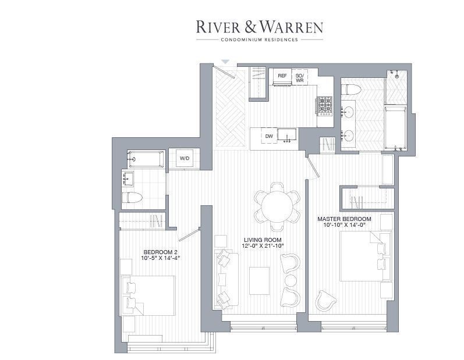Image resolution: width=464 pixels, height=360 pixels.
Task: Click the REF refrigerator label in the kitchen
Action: click(282, 76)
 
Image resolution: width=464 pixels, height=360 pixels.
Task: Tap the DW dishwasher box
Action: click(269, 136)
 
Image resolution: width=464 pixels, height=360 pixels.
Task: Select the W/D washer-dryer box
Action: click(185, 158)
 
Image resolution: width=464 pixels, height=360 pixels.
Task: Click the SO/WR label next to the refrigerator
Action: click(299, 78)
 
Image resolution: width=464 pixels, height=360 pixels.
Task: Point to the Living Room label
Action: click(263, 240)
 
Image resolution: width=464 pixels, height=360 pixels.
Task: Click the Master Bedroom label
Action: click(344, 219)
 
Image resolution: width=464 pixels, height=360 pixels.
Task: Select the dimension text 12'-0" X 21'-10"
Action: click(263, 245)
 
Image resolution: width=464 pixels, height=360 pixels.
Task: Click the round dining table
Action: click(277, 206)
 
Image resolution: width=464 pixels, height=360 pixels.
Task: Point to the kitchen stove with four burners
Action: click(325, 105)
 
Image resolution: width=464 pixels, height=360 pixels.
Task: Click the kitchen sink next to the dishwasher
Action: click(287, 136)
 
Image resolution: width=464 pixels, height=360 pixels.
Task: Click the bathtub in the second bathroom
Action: click(146, 159)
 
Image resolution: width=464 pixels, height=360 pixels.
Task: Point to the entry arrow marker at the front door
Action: click(225, 62)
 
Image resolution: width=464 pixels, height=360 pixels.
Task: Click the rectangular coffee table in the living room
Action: click(259, 281)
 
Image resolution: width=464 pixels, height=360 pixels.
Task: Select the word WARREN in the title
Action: click(291, 27)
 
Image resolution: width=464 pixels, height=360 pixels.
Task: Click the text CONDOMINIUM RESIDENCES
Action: click(260, 40)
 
